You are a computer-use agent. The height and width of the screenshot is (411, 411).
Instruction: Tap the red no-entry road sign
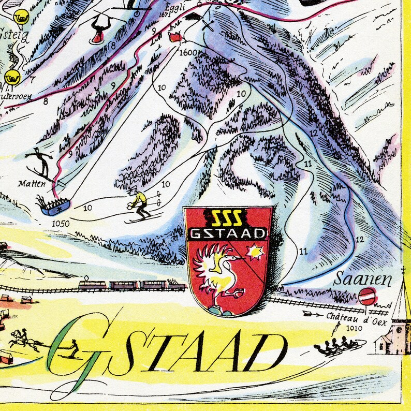[x=366, y=297]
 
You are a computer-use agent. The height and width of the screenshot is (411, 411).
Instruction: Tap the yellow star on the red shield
[x=255, y=253]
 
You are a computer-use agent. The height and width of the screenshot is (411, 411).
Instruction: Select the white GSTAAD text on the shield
[x=228, y=233]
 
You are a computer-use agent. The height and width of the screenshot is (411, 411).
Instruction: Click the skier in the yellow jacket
[x=139, y=204]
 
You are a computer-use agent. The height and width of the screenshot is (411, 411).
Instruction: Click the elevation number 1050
[x=61, y=224]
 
